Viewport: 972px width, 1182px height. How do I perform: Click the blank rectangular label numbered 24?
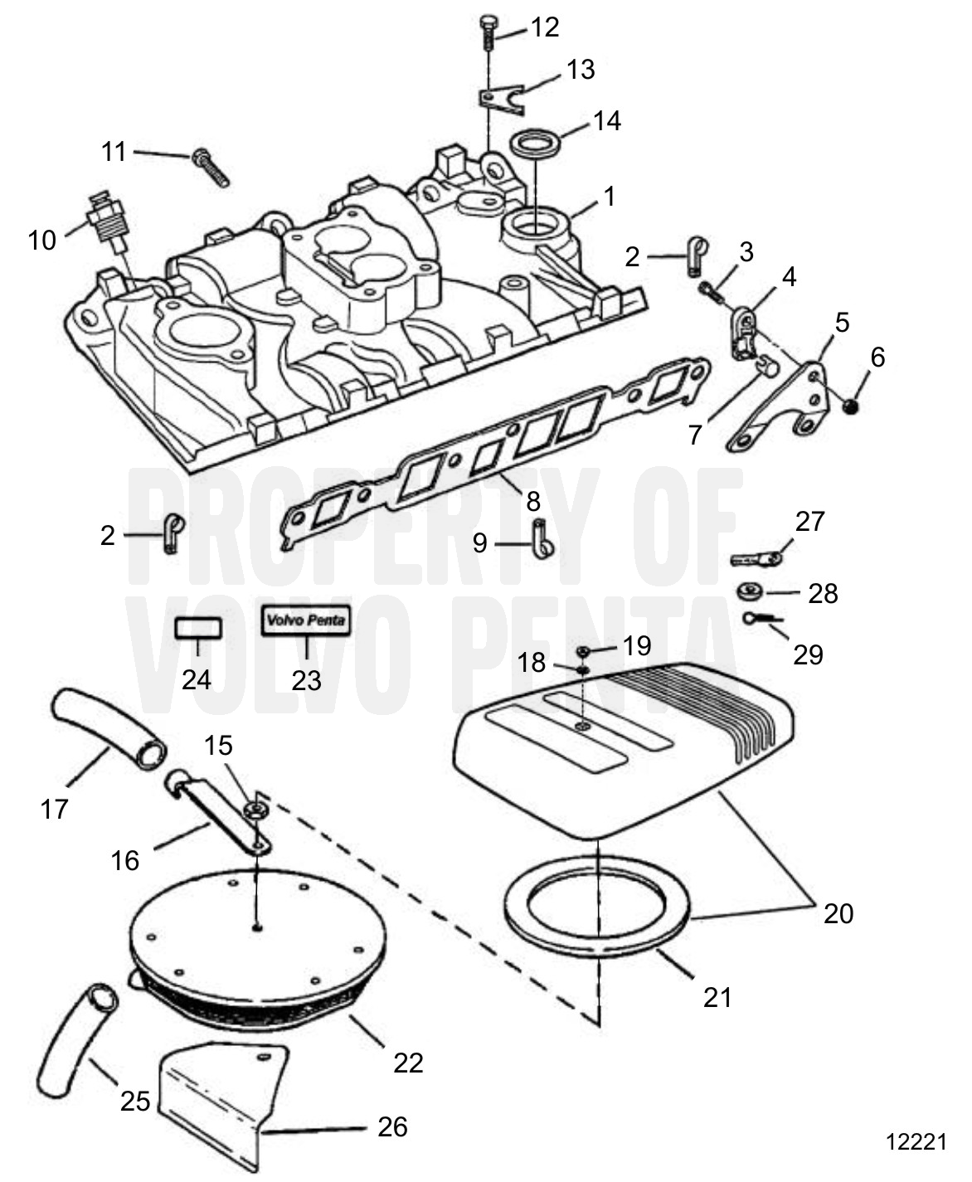pos(198,629)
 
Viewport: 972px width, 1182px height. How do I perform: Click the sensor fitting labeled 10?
pos(106,219)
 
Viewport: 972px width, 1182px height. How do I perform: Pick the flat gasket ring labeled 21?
pos(597,904)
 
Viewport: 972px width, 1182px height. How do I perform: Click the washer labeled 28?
pos(751,592)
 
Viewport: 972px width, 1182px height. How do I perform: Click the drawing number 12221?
pos(916,1142)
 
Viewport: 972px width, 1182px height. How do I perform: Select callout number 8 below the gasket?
pos(532,500)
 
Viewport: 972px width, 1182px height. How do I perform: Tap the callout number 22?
pos(408,1063)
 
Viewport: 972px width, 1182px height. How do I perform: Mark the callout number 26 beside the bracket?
pos(392,1126)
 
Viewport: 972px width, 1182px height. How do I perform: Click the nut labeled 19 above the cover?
pos(584,649)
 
